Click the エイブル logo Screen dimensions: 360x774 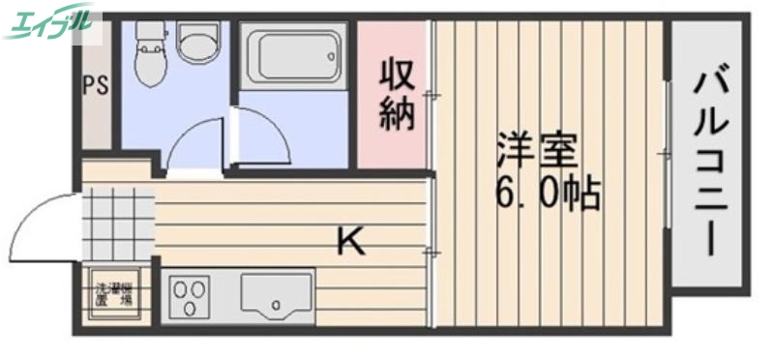point(52,21)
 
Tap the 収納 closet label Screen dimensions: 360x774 point(396,94)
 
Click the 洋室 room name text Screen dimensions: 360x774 point(537,150)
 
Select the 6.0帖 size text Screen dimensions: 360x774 point(548,196)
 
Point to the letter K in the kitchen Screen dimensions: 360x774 point(350,240)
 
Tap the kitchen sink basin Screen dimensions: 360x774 point(276,296)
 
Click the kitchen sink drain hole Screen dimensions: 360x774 point(277,307)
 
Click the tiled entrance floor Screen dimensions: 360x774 point(116,225)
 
